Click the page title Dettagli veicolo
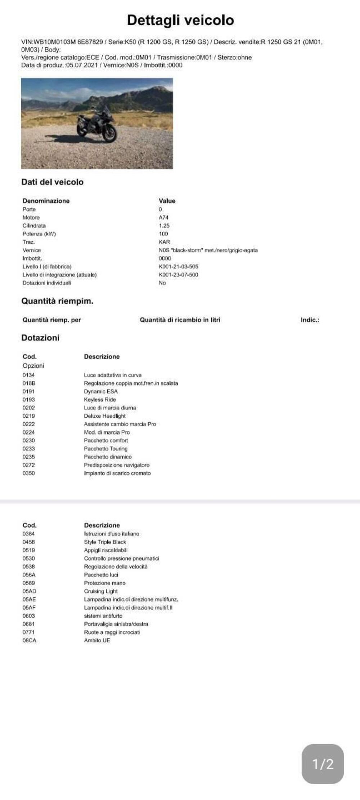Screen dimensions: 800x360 pyautogui.click(x=180, y=20)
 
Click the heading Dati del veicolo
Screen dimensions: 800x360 pyautogui.click(x=52, y=182)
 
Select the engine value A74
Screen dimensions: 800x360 pyautogui.click(x=163, y=217)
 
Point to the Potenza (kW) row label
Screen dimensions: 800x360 pyautogui.click(x=39, y=234)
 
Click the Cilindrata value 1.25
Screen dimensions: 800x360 pyautogui.click(x=164, y=226)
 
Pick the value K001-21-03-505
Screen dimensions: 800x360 pyautogui.click(x=178, y=266)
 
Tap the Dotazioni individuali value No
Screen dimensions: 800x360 pyautogui.click(x=162, y=283)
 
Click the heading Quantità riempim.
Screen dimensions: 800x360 pyautogui.click(x=57, y=301)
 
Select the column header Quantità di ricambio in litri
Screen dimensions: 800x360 pyautogui.click(x=180, y=320)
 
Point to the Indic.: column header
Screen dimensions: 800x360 pyautogui.click(x=310, y=320)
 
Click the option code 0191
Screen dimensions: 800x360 pyautogui.click(x=29, y=391)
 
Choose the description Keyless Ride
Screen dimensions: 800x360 pyautogui.click(x=100, y=400)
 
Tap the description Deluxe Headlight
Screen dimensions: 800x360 pyautogui.click(x=105, y=416)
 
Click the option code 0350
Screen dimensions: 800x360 pyautogui.click(x=29, y=473)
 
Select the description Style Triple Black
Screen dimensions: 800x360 pyautogui.click(x=105, y=542)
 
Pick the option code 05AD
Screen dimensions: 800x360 pyautogui.click(x=30, y=591)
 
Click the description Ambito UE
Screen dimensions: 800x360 pyautogui.click(x=97, y=641)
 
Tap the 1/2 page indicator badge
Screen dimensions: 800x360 pyautogui.click(x=323, y=764)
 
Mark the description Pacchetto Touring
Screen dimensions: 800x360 pyautogui.click(x=106, y=449)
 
